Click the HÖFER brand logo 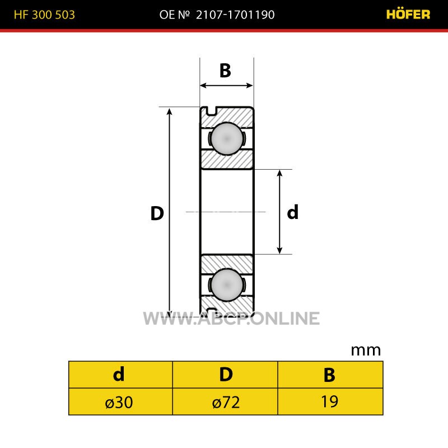pyautogui.click(x=408, y=15)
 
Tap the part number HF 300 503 pyautogui.click(x=44, y=15)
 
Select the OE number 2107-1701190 pyautogui.click(x=235, y=15)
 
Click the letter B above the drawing pyautogui.click(x=225, y=71)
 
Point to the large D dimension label pyautogui.click(x=157, y=213)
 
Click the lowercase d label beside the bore pyautogui.click(x=292, y=212)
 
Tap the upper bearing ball pyautogui.click(x=227, y=138)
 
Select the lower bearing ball pyautogui.click(x=227, y=284)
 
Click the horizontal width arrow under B pyautogui.click(x=226, y=86)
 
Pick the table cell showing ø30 pyautogui.click(x=120, y=402)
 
